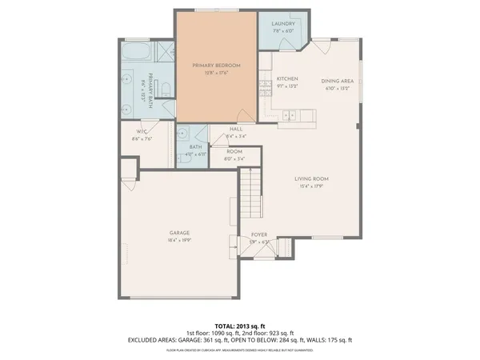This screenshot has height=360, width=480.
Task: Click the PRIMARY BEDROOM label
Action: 217,65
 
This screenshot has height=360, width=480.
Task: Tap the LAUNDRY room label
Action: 283,26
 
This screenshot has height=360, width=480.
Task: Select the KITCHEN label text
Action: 287,79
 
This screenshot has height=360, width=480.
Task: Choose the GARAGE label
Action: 178,233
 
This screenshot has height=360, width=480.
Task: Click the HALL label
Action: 236,129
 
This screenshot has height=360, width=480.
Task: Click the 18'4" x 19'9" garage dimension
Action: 178,240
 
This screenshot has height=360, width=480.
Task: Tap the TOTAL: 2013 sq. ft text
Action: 240,326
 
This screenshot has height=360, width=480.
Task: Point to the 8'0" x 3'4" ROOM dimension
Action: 234,158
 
